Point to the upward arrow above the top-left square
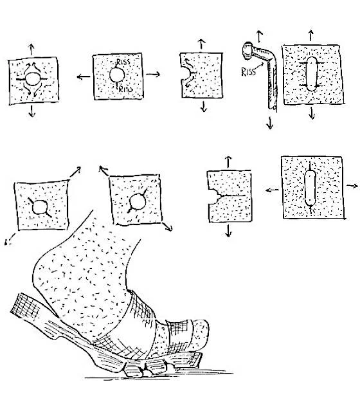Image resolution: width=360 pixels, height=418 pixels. tap(32, 49)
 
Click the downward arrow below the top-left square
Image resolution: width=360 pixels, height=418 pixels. tap(33, 110)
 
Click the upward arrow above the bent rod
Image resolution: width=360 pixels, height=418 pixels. tap(260, 35)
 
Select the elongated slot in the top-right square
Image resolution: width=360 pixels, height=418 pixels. tap(311, 76)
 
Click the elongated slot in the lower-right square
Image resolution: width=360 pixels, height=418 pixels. tap(310, 187)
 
